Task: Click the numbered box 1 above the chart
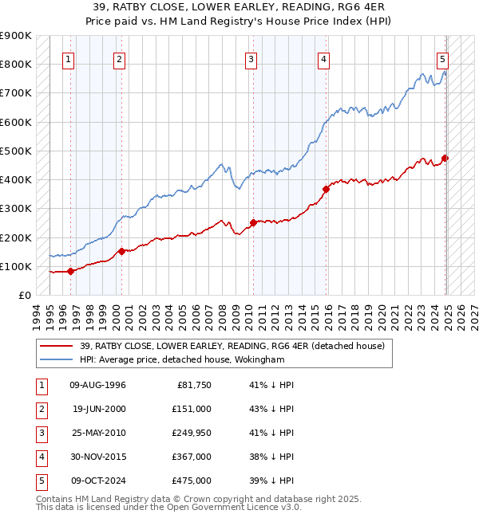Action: [x=69, y=59]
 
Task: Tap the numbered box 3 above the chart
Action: [x=251, y=59]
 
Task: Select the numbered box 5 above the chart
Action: [x=442, y=59]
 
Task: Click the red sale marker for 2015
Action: [x=327, y=189]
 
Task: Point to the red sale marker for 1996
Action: [x=70, y=271]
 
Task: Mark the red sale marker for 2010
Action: [x=253, y=222]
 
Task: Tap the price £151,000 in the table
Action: [x=192, y=409]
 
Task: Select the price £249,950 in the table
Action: [x=192, y=433]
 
